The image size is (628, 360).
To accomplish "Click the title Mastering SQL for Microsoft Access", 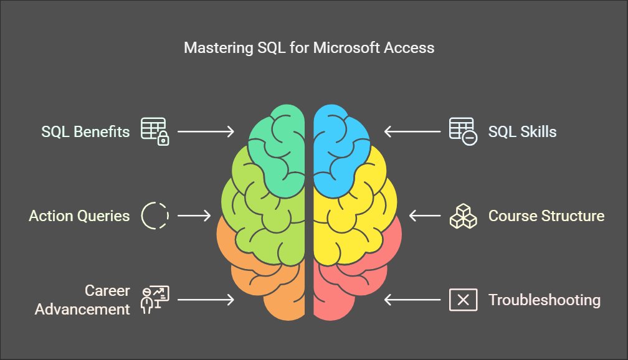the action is click(x=309, y=48).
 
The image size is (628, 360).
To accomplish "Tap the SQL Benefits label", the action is click(x=85, y=131).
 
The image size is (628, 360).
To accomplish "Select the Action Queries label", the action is click(x=79, y=216).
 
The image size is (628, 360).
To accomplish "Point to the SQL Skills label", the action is click(x=522, y=131).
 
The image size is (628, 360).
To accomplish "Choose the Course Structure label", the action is click(x=546, y=216).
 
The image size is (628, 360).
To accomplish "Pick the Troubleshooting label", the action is click(x=544, y=300).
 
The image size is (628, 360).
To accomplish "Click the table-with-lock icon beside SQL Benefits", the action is click(x=155, y=131).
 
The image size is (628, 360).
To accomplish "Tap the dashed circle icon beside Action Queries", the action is click(x=155, y=216).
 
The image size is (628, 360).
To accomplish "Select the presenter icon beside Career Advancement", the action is click(x=155, y=300).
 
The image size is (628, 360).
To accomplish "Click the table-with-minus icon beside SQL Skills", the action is click(x=463, y=131).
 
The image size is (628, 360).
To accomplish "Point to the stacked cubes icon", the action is click(x=463, y=216).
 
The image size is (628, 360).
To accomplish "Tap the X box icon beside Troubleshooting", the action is click(x=463, y=300).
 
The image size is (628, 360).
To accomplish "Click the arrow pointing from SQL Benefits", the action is click(x=206, y=131).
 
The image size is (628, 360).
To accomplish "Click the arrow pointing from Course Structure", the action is click(x=425, y=216).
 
